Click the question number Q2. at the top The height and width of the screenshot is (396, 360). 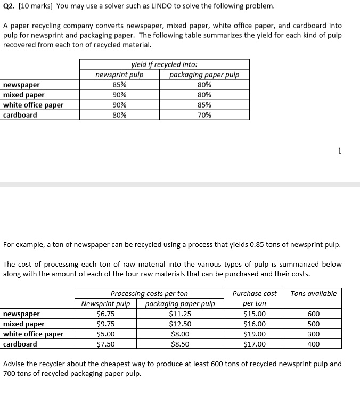coord(10,6)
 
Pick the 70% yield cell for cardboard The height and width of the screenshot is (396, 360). coord(204,115)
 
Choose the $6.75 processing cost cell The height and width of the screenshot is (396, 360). coord(105,314)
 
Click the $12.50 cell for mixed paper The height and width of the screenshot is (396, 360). coord(180,324)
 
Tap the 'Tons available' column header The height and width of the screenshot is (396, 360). coord(314,293)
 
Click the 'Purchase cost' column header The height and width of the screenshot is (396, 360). coord(255,293)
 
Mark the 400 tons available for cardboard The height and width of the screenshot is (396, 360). coord(314,344)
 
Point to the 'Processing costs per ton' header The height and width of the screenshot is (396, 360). coord(149,293)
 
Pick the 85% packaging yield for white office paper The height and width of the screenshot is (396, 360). coord(204,105)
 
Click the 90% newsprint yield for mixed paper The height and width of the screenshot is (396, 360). coord(119,95)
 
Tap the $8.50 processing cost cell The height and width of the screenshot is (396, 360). coord(180,344)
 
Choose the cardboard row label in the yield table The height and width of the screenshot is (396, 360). coord(20,115)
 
